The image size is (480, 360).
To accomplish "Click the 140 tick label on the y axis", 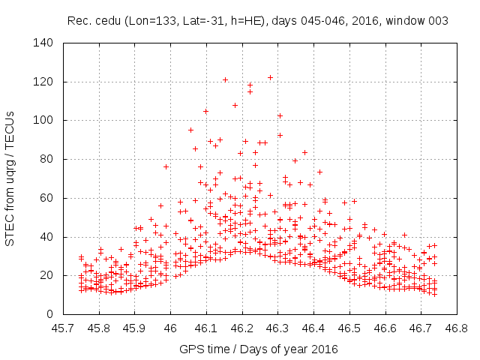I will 44,43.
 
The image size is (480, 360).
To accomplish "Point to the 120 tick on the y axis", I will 44,82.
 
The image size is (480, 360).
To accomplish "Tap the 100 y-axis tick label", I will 44,120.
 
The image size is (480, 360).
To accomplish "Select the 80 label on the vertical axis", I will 47,159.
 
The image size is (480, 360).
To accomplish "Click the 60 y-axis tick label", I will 47,198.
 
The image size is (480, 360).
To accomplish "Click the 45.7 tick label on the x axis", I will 63,328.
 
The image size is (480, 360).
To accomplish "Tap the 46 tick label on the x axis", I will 170,328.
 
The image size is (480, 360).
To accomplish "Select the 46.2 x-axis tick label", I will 241,328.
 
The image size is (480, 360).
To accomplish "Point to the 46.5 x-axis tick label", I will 349,328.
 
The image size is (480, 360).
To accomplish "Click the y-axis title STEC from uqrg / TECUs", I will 10,178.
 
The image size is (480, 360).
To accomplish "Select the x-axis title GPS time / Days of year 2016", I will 259,349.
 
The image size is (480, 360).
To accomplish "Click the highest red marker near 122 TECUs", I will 270,77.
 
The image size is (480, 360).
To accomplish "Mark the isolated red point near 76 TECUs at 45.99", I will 166,166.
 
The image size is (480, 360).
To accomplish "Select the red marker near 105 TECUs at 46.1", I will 205,111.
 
